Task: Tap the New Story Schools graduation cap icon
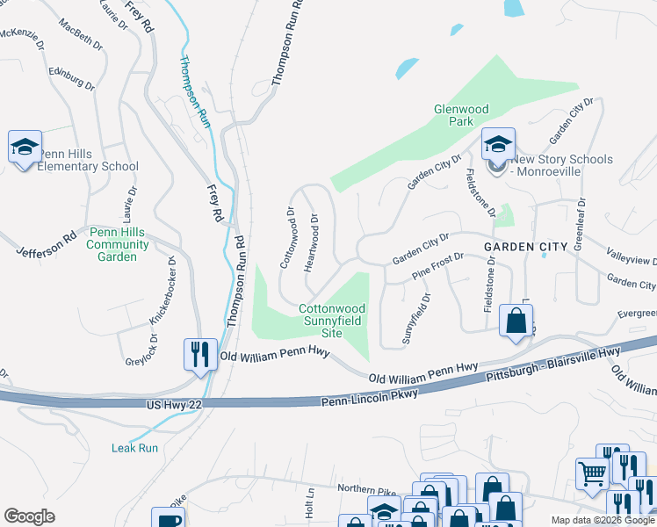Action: (498, 143)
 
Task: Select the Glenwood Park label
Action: (461, 116)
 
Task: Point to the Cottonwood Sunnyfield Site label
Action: (332, 321)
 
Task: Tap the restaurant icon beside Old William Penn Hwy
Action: (199, 354)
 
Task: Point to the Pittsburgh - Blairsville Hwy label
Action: (553, 364)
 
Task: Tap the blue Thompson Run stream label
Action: (195, 92)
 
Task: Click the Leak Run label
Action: (134, 448)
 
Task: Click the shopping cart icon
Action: (593, 473)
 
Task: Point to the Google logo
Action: (29, 516)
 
